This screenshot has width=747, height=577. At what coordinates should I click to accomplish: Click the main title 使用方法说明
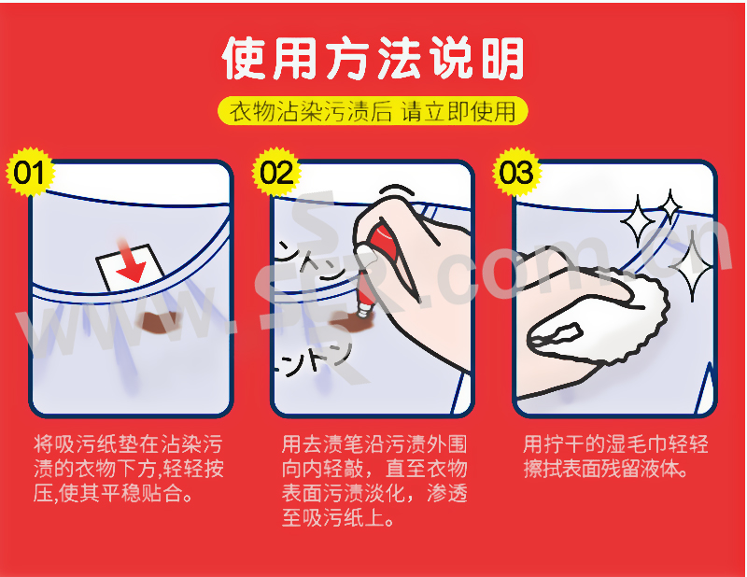(x=373, y=58)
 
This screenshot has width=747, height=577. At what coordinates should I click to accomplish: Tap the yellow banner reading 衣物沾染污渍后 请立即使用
(x=373, y=111)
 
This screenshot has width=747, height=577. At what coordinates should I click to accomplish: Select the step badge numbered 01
(x=30, y=172)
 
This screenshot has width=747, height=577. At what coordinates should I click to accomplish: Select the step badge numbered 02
(x=276, y=172)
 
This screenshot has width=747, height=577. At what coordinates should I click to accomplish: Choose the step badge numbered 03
(x=517, y=172)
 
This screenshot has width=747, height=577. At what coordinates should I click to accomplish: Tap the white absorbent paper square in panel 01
(x=131, y=268)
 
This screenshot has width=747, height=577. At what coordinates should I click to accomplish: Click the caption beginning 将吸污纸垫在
(x=129, y=469)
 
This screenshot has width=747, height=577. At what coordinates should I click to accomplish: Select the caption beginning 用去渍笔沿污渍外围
(x=374, y=481)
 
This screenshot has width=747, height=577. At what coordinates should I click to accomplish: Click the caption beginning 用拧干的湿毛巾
(x=615, y=457)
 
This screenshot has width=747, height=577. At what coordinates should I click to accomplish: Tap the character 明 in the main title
(x=501, y=59)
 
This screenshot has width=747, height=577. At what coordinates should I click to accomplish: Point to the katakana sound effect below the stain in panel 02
(x=312, y=359)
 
